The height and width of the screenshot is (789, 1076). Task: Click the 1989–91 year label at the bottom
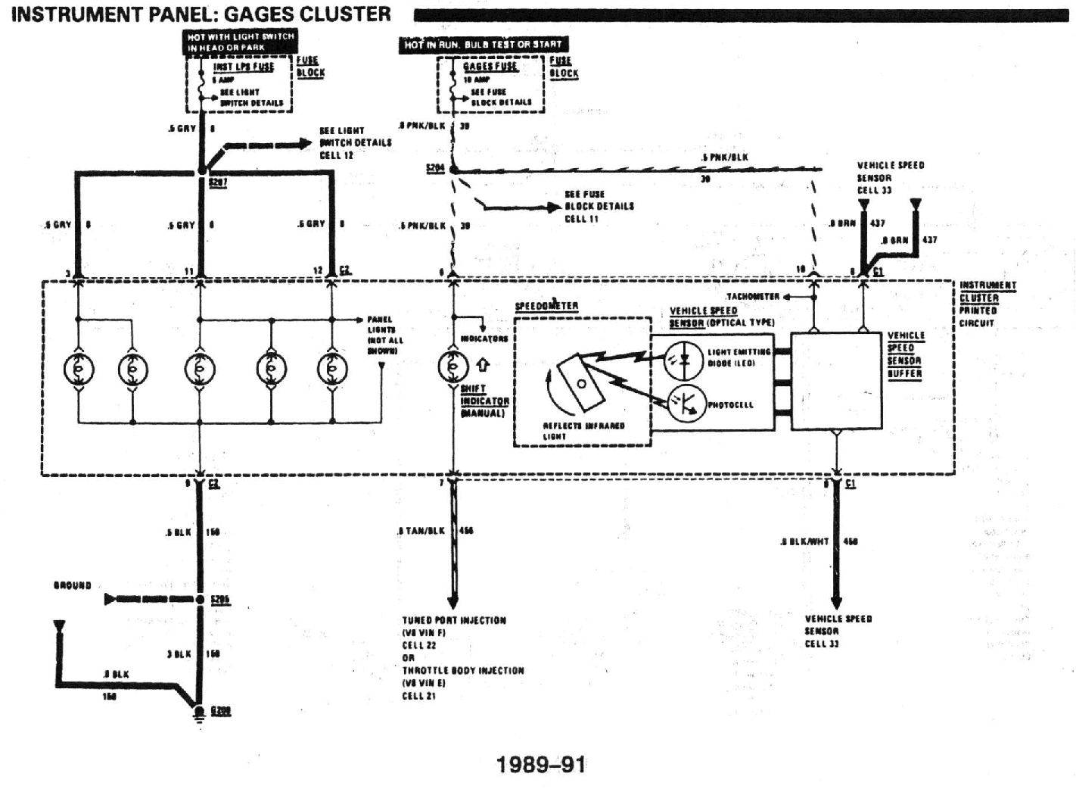click(541, 764)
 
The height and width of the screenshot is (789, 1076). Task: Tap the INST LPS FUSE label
click(243, 67)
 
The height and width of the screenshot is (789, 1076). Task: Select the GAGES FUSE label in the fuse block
click(490, 66)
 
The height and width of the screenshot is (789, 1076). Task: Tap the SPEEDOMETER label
click(546, 306)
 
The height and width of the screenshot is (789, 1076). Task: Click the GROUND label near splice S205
click(72, 585)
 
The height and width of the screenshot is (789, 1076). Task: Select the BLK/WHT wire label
click(807, 541)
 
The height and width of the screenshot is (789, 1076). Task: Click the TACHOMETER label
click(752, 297)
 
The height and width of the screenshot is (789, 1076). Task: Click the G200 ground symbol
click(199, 712)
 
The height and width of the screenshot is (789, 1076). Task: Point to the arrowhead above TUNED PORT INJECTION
click(453, 602)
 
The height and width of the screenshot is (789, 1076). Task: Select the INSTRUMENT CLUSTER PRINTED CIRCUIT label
click(987, 304)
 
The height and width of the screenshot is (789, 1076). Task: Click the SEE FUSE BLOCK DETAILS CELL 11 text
click(599, 206)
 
